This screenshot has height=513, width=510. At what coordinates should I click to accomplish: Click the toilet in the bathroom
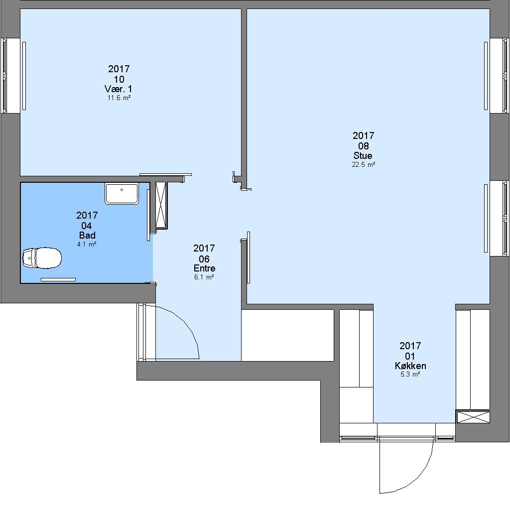tap(42, 258)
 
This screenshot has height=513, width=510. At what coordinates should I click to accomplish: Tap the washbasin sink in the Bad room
tap(122, 194)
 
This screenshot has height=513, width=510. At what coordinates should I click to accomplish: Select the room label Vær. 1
tap(119, 89)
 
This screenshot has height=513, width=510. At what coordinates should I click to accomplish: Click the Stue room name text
tap(363, 155)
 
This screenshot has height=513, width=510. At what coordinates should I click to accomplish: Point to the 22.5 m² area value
tap(363, 164)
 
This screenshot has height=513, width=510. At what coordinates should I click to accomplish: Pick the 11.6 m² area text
tap(119, 98)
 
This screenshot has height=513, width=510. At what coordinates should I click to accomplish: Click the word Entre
tap(205, 268)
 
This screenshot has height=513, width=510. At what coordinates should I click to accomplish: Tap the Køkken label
tap(410, 366)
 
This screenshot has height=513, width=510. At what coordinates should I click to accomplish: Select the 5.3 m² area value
tap(410, 374)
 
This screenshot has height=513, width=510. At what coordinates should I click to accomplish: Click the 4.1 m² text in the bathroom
tap(87, 244)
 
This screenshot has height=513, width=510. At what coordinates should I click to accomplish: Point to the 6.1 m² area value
tap(204, 277)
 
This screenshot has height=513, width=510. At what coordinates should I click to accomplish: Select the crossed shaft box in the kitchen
tap(473, 417)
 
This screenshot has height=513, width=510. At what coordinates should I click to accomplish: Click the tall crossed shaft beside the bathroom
tap(161, 205)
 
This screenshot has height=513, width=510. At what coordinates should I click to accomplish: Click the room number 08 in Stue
tap(364, 146)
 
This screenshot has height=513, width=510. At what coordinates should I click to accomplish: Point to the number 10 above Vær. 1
tap(119, 79)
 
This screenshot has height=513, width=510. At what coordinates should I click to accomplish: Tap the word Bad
tap(87, 235)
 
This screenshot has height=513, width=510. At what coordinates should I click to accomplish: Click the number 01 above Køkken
tap(410, 356)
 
